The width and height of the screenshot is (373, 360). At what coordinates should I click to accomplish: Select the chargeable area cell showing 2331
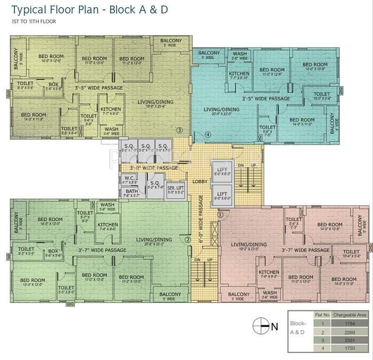click(x=350, y=340)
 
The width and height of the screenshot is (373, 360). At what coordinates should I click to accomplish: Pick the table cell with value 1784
click(x=350, y=323)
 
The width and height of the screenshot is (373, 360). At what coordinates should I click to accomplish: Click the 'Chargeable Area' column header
click(x=350, y=315)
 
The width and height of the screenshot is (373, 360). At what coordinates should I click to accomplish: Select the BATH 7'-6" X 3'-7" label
click(x=130, y=193)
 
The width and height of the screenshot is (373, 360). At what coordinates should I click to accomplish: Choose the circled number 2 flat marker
click(x=188, y=240)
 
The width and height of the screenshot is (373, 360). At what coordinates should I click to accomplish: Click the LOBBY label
click(x=200, y=181)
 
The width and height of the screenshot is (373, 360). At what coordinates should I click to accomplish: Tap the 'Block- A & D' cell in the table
click(x=298, y=327)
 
